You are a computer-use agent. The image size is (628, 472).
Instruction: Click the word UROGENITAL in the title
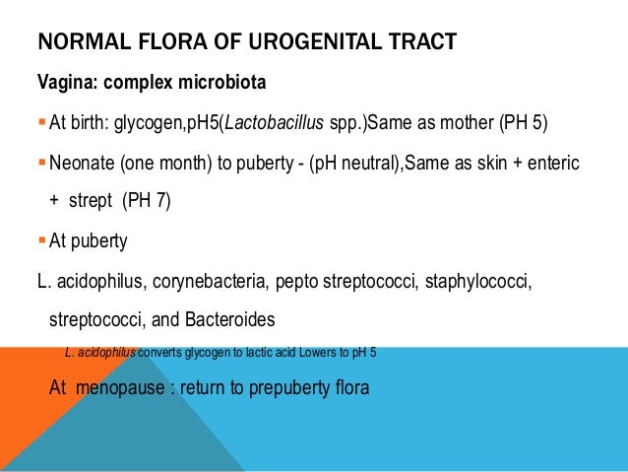coord(308,41)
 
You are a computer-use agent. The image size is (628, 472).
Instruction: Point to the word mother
coord(488,122)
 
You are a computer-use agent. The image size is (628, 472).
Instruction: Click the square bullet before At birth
coord(40,122)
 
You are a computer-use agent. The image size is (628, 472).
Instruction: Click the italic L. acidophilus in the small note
coord(100,352)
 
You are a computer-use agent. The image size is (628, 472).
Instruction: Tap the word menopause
coord(123,387)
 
